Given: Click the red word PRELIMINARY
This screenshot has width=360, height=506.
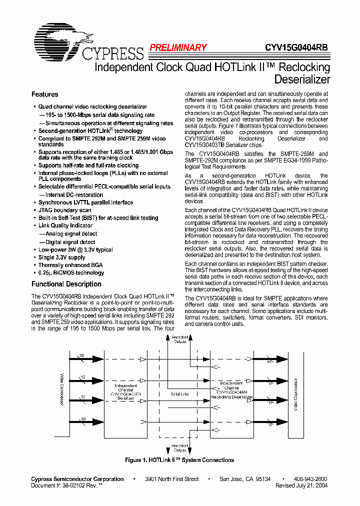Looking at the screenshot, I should point(177,48).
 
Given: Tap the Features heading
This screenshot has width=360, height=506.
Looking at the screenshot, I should point(45,94).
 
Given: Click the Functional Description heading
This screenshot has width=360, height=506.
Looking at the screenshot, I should point(66,284).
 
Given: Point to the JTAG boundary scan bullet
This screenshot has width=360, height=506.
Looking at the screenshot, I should point(64,210).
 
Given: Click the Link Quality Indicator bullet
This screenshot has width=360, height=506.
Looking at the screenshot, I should point(65,225).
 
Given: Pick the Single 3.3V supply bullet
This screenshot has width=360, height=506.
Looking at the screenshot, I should point(61,257).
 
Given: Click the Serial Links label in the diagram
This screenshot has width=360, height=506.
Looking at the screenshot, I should point(180,394).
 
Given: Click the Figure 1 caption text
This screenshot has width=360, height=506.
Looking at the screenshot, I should point(179,460).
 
